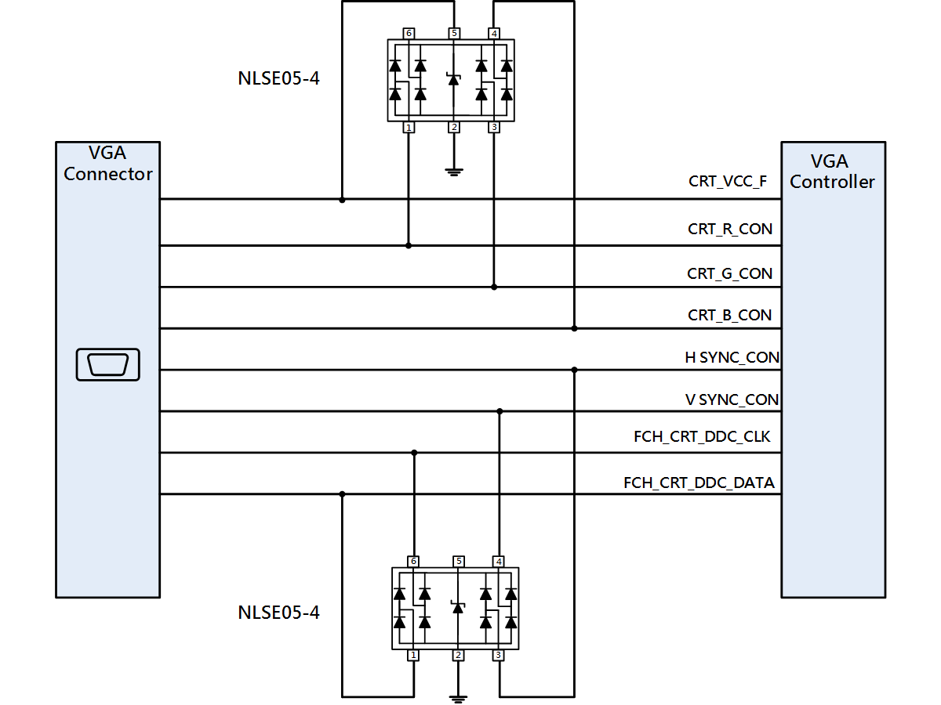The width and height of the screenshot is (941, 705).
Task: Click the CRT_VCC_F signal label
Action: click(728, 182)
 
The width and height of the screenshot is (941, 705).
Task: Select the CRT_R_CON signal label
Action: click(729, 229)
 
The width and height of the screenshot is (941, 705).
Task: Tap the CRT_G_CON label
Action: click(729, 273)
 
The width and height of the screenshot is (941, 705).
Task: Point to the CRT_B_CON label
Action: click(729, 315)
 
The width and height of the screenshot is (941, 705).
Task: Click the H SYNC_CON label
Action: click(732, 357)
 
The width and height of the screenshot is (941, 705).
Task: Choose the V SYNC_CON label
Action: click(732, 399)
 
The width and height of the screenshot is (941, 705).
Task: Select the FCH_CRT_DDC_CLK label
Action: click(702, 436)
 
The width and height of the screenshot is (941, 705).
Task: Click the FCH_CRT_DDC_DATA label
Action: click(699, 483)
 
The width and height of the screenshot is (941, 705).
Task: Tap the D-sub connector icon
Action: click(107, 365)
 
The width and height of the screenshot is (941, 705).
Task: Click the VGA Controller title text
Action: click(832, 172)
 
